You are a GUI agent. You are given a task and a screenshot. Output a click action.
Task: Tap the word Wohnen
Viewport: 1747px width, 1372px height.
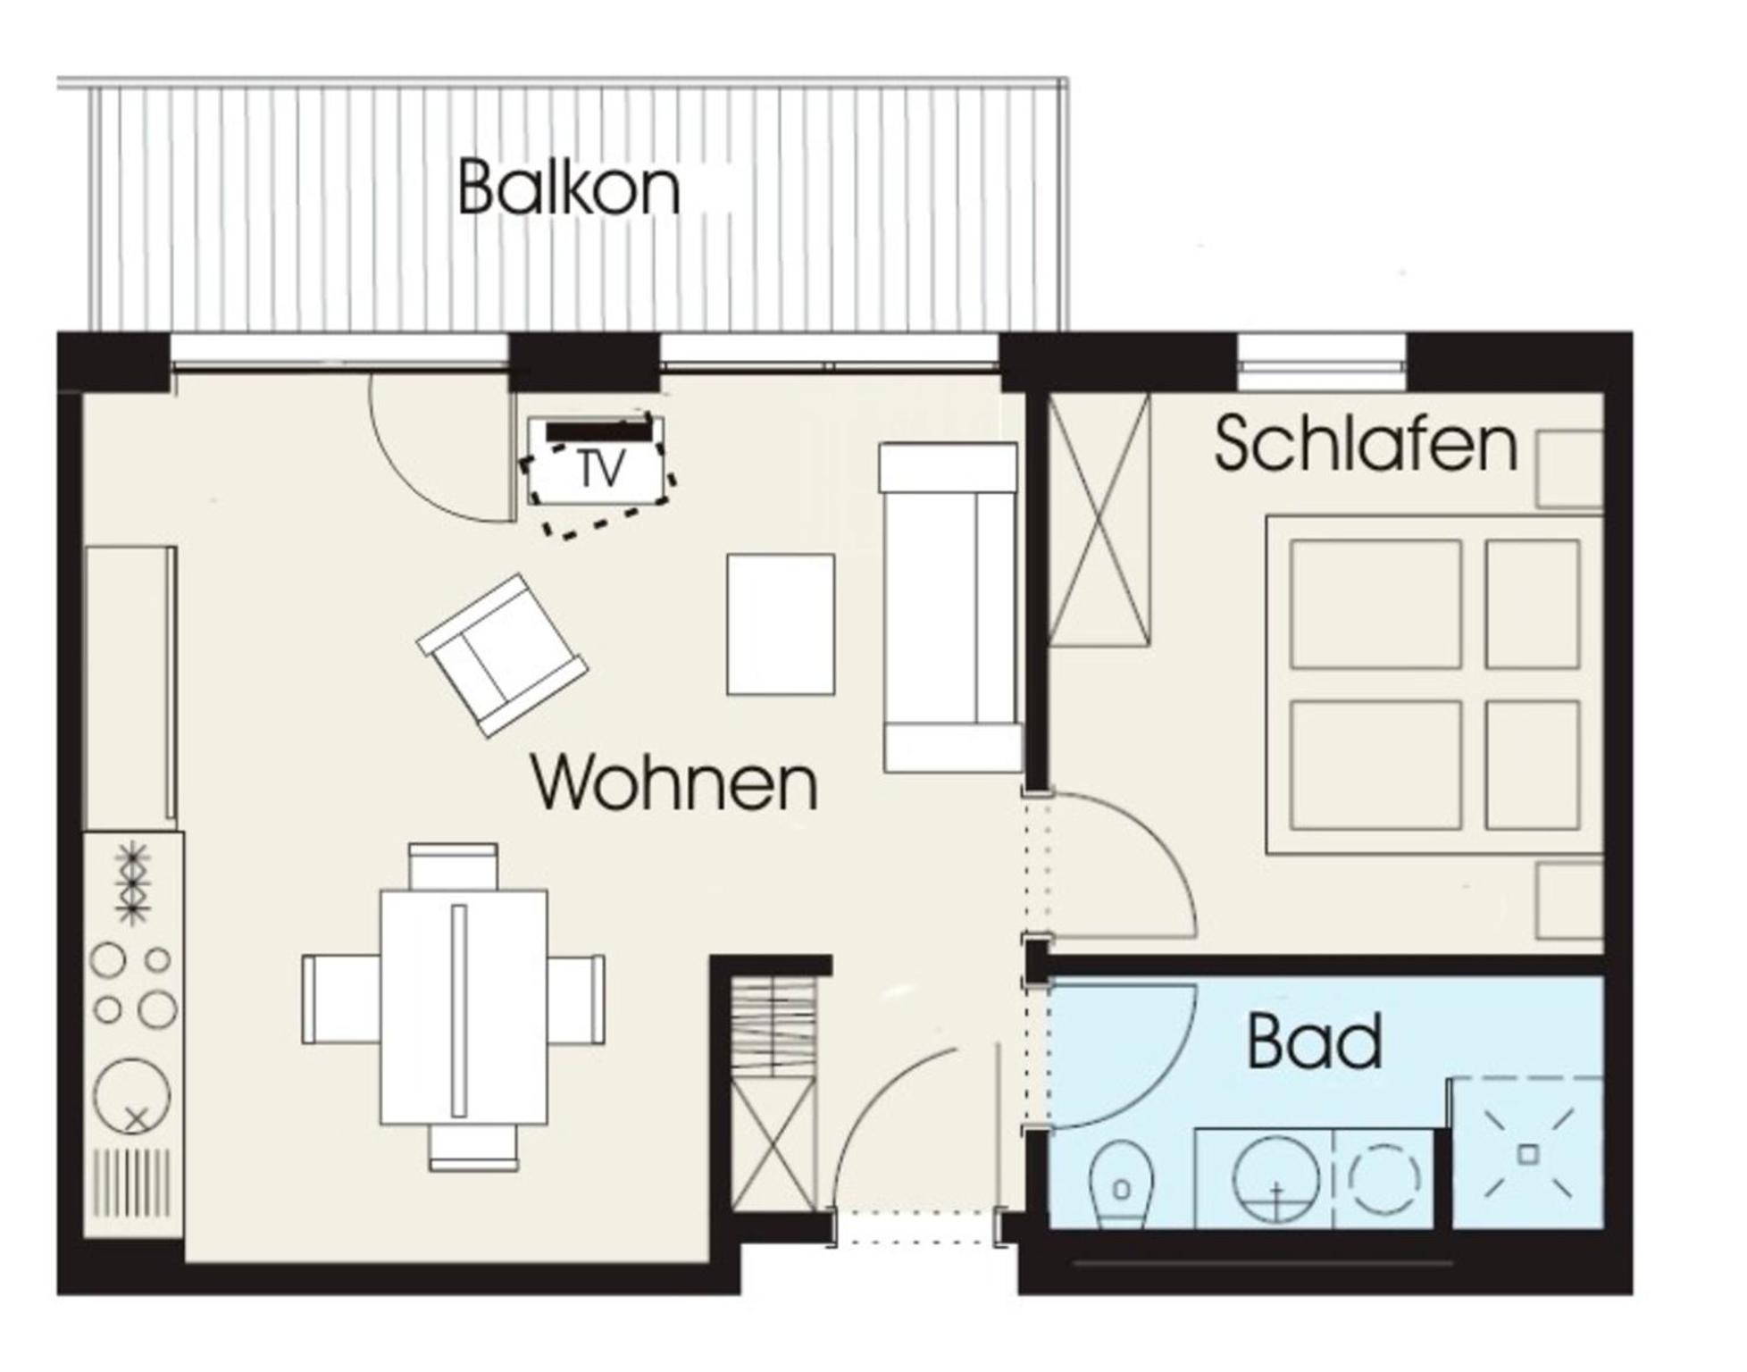tap(674, 782)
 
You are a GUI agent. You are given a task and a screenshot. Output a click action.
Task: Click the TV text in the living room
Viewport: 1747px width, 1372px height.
tap(601, 469)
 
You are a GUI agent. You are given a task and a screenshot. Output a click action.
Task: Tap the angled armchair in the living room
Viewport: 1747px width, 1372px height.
tap(502, 655)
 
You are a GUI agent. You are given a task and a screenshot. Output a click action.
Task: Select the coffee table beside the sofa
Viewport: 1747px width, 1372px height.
tap(781, 624)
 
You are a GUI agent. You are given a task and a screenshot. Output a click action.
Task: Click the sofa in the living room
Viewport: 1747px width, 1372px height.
tap(950, 607)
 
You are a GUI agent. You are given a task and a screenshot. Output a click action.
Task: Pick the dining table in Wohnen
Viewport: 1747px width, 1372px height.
tap(464, 1007)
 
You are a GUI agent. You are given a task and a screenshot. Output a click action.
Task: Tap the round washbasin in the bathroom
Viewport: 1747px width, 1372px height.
tap(1275, 1179)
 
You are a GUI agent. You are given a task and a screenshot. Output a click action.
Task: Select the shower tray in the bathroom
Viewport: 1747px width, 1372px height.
tap(1527, 1153)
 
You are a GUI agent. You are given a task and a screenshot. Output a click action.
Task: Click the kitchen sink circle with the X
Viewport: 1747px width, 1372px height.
tap(132, 1096)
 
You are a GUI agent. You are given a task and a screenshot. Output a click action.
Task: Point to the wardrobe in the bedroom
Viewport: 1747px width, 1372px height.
tap(1099, 519)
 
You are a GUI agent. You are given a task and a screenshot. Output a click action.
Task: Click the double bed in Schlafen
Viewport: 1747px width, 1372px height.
tap(1434, 685)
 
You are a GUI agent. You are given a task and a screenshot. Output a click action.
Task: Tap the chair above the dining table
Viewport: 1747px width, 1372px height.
tap(453, 866)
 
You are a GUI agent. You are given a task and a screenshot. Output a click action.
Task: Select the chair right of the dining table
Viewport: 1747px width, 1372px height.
tap(576, 999)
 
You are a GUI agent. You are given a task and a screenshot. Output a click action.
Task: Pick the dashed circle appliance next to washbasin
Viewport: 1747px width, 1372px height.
tap(1383, 1179)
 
